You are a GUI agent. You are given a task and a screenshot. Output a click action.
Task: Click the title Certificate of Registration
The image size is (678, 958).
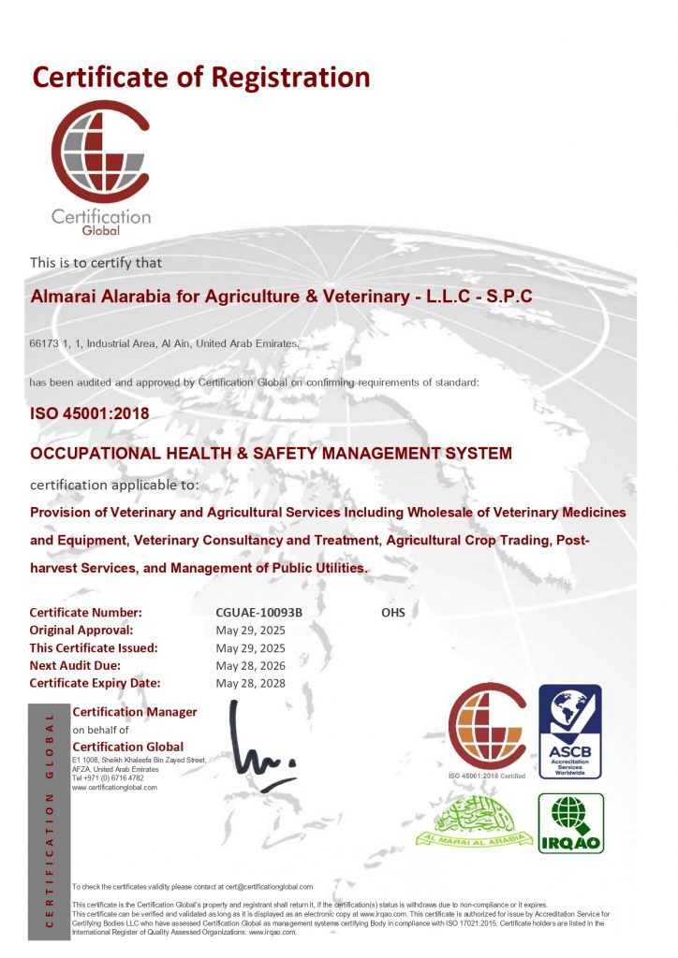click(x=201, y=76)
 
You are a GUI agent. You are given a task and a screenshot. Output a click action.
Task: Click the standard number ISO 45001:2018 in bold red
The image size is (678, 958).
click(x=90, y=413)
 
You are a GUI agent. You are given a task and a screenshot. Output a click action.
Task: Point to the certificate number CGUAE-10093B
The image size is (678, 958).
click(x=259, y=613)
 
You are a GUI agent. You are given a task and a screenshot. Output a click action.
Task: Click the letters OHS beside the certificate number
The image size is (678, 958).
click(x=393, y=613)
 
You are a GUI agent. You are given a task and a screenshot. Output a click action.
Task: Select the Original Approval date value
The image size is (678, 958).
click(x=250, y=631)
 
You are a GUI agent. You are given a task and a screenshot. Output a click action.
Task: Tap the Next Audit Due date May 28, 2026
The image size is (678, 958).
click(x=250, y=666)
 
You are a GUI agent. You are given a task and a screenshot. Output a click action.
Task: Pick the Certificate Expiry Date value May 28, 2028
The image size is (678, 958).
click(x=250, y=684)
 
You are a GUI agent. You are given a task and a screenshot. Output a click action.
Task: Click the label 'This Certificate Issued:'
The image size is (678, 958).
click(x=94, y=648)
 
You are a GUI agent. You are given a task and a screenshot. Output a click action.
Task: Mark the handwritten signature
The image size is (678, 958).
click(x=258, y=745)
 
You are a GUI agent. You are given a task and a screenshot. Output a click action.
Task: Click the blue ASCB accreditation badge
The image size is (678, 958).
click(x=569, y=732)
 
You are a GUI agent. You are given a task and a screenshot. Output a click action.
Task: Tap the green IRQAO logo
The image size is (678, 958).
click(x=570, y=823)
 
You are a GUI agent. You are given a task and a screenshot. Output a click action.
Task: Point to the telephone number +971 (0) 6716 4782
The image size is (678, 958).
click(x=109, y=778)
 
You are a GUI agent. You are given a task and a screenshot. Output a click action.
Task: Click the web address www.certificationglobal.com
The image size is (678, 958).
click(x=115, y=788)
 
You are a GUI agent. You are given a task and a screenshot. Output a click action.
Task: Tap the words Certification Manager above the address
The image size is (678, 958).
click(x=135, y=712)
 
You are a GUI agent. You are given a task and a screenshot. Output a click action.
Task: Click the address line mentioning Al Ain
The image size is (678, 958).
click(x=165, y=344)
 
